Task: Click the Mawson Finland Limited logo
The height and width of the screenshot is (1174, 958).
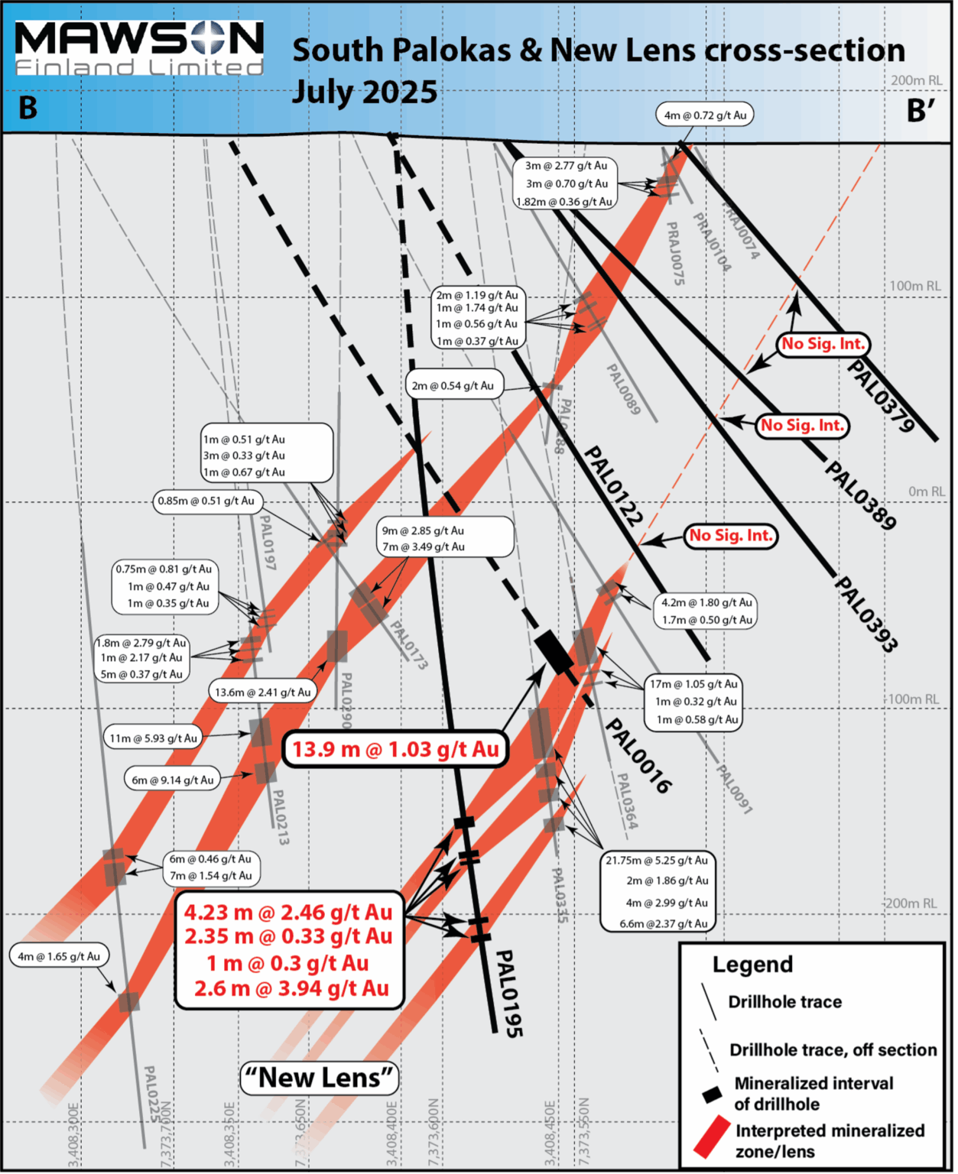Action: tap(139, 48)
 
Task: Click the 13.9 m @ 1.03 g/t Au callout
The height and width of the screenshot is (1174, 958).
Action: tap(395, 749)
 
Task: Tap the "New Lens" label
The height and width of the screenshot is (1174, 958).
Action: tap(320, 1078)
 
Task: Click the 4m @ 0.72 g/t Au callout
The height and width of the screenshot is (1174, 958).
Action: tap(704, 115)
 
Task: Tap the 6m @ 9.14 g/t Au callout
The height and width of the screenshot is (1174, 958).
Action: tap(172, 780)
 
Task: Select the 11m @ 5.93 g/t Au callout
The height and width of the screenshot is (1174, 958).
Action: tap(153, 738)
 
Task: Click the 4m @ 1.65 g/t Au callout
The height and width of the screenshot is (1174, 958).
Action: tap(59, 956)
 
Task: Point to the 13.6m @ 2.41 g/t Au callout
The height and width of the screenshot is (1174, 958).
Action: tap(262, 692)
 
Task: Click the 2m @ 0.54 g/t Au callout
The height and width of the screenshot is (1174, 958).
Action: tap(453, 386)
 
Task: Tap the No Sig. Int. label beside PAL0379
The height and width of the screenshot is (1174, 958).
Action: tap(823, 344)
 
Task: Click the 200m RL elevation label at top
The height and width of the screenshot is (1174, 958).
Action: tap(916, 80)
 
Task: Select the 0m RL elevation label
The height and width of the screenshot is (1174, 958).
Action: tap(927, 491)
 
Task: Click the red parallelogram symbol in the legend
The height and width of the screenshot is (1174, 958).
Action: tap(712, 1136)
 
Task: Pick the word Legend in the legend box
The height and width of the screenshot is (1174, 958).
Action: tap(752, 965)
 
